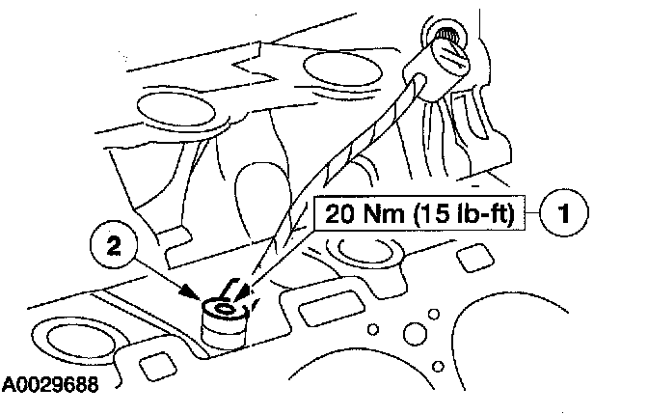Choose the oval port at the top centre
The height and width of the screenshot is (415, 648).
(x=332, y=69)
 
